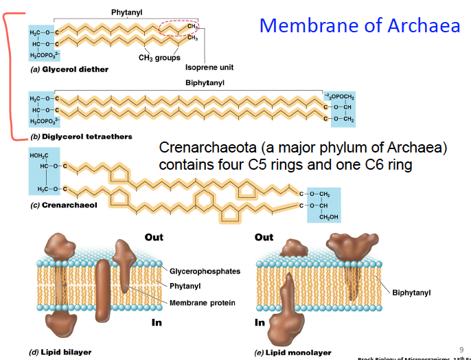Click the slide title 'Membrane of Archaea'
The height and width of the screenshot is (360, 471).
coord(360,26)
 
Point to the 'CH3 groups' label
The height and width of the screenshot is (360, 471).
coord(159,58)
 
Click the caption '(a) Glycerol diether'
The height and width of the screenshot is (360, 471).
coord(69,69)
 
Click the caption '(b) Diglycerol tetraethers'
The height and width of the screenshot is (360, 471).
coord(80,137)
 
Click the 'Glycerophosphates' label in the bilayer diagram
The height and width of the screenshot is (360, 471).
coord(205,271)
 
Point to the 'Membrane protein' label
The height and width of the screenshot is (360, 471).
coord(202,303)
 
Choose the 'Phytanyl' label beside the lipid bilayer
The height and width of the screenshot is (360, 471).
coord(185,286)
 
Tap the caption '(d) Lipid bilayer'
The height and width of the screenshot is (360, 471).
coord(60,351)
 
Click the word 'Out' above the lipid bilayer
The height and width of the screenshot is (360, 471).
coord(154,237)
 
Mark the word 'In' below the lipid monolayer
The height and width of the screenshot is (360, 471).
coord(260,322)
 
